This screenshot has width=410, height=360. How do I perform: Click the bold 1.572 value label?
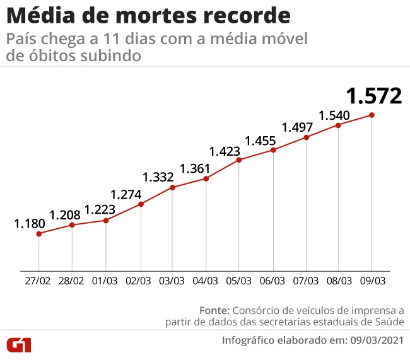(x=373, y=96)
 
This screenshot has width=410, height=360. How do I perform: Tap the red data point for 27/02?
(x=39, y=233)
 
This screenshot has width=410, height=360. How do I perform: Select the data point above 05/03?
(x=239, y=160)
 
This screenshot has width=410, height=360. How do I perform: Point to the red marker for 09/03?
(x=372, y=115)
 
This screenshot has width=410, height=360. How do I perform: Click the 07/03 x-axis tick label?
(x=305, y=280)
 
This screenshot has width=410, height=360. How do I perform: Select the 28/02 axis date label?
(x=72, y=280)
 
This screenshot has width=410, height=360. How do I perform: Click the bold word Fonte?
(x=214, y=310)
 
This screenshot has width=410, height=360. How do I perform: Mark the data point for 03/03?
(x=172, y=187)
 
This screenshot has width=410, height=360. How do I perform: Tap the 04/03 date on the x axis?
(x=206, y=280)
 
